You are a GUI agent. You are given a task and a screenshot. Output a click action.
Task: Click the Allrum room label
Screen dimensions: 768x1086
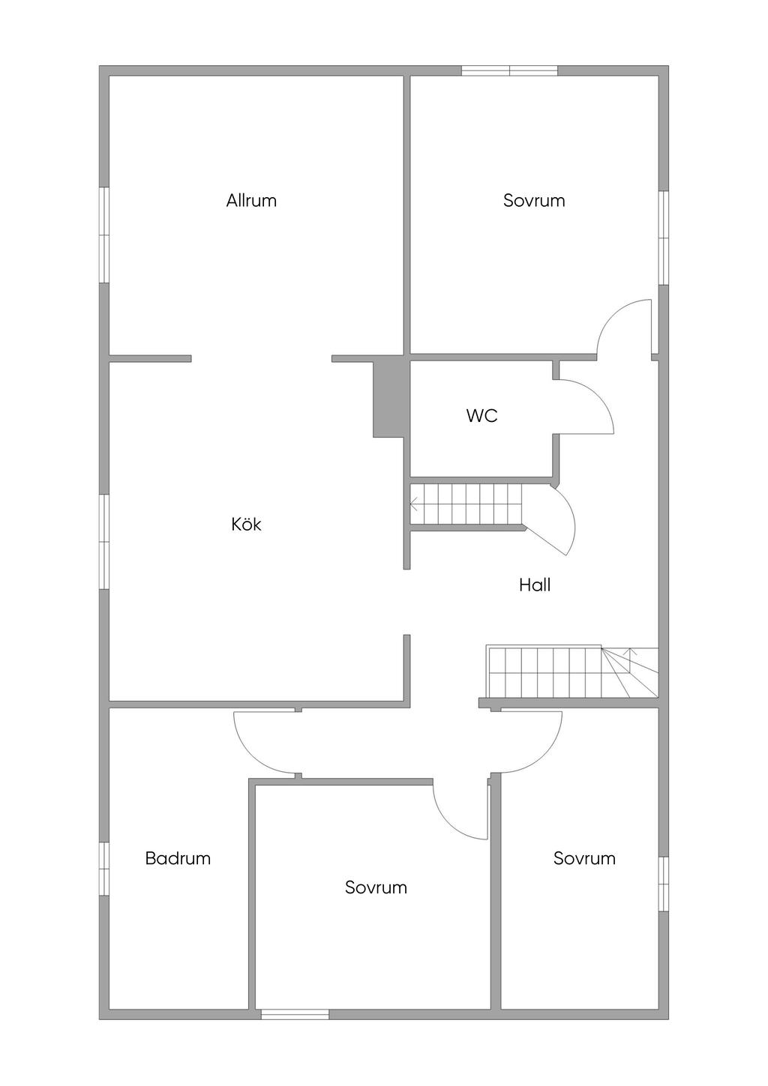click(251, 200)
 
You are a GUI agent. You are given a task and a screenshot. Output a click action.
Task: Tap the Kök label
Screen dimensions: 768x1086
click(246, 524)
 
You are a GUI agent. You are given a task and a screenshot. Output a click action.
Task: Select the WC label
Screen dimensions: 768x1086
click(481, 415)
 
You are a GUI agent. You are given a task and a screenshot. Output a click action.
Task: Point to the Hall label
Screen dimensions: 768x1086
click(535, 585)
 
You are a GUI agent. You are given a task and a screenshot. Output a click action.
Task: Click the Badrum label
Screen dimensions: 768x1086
click(178, 858)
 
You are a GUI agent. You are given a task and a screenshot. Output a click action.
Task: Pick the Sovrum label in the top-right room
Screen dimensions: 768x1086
click(534, 200)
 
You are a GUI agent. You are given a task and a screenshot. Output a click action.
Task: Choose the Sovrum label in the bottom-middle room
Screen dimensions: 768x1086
click(376, 887)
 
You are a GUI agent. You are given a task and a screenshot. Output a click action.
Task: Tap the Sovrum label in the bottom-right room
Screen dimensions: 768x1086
click(584, 858)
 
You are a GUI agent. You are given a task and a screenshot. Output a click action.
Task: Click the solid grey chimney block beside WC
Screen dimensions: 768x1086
click(388, 396)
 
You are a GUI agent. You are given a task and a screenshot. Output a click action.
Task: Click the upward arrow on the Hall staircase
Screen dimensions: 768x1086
click(630, 660)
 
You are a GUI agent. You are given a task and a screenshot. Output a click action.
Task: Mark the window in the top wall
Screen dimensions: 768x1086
click(509, 70)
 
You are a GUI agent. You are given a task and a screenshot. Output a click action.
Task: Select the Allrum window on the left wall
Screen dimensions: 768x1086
click(104, 235)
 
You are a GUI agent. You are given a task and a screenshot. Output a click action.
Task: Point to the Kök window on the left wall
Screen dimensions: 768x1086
click(104, 542)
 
